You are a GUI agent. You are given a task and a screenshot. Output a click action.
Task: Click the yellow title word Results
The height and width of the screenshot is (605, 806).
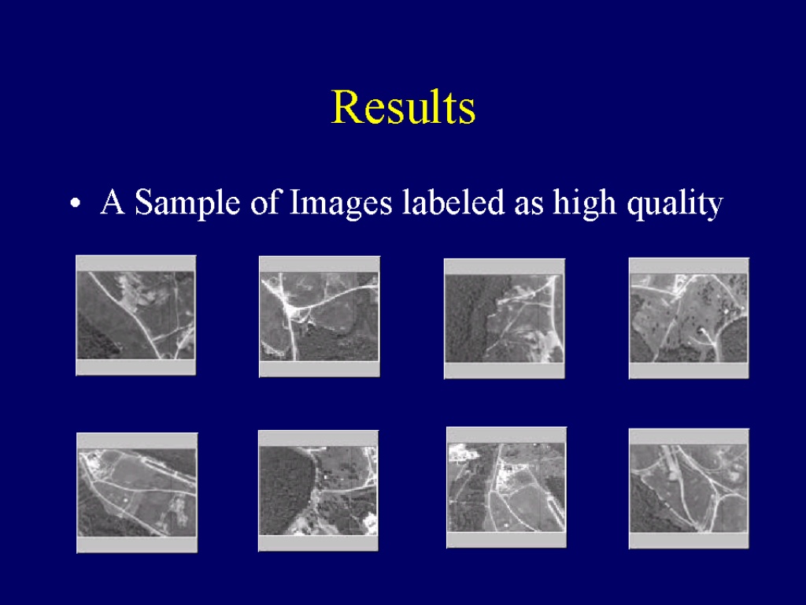[x=404, y=106]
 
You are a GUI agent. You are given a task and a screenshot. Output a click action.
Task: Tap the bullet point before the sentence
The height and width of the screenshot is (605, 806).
[x=76, y=204]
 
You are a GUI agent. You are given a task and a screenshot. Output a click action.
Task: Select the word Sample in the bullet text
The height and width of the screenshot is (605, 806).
[x=187, y=202]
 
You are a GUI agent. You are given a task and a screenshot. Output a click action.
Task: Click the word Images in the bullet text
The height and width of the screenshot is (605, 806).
[x=341, y=202]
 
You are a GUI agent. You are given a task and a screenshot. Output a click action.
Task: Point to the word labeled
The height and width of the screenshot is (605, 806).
[x=453, y=202]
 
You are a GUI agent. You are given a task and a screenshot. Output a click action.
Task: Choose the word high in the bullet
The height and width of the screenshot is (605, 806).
[x=585, y=202]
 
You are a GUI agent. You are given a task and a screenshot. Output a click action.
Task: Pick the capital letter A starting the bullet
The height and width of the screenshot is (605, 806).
[x=113, y=201]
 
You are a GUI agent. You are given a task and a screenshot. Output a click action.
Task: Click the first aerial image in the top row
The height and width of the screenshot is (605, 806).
[x=135, y=315]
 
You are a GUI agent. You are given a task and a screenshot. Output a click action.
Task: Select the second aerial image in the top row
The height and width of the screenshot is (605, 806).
[x=320, y=317]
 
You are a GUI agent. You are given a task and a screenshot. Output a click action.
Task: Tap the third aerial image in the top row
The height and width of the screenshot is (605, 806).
[x=505, y=318]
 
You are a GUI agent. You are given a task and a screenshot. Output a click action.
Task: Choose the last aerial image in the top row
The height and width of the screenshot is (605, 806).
[x=689, y=318]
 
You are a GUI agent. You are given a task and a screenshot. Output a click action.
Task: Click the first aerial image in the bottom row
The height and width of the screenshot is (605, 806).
[x=137, y=493]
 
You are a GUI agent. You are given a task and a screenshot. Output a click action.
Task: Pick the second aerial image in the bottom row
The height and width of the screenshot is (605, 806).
[x=318, y=491]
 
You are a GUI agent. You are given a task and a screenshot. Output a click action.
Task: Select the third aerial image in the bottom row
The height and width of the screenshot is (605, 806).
[x=506, y=487]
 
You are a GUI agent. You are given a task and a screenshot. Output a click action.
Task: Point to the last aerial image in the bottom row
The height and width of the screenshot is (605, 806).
[x=689, y=488]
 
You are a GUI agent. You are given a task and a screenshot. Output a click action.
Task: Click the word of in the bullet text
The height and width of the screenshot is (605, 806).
[x=264, y=202]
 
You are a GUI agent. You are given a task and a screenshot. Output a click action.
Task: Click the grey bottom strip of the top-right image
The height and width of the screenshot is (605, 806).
[x=689, y=370]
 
